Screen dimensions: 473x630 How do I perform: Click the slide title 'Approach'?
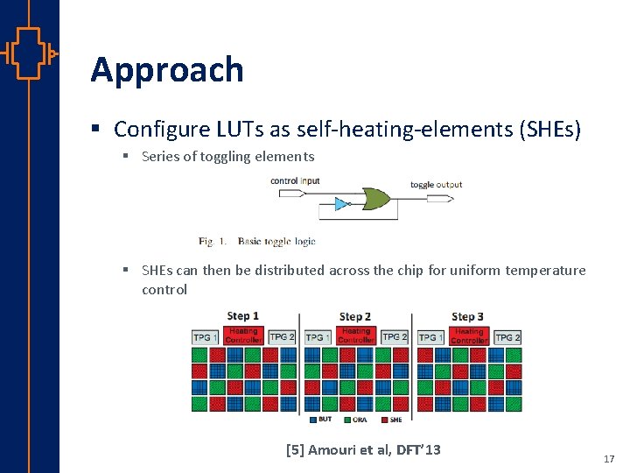click(x=166, y=70)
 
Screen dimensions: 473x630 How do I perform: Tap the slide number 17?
click(x=609, y=459)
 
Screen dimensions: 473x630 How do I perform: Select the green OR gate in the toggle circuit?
click(x=376, y=198)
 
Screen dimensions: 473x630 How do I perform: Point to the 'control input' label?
click(x=295, y=181)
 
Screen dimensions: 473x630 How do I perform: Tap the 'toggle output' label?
click(x=436, y=185)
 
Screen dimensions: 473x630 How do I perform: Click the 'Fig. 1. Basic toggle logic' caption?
click(x=256, y=241)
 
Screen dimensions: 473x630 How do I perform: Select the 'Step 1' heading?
click(x=242, y=316)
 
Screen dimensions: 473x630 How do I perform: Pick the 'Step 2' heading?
click(x=354, y=316)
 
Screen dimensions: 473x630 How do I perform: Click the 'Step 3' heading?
click(x=467, y=316)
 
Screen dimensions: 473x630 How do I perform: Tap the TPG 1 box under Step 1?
click(x=206, y=337)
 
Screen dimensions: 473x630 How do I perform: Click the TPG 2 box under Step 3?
click(x=507, y=337)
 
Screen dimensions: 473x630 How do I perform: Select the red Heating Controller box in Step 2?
click(x=355, y=335)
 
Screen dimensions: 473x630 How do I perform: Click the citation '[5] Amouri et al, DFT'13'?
click(x=363, y=450)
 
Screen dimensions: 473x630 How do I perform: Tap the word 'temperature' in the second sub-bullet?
click(x=546, y=270)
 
